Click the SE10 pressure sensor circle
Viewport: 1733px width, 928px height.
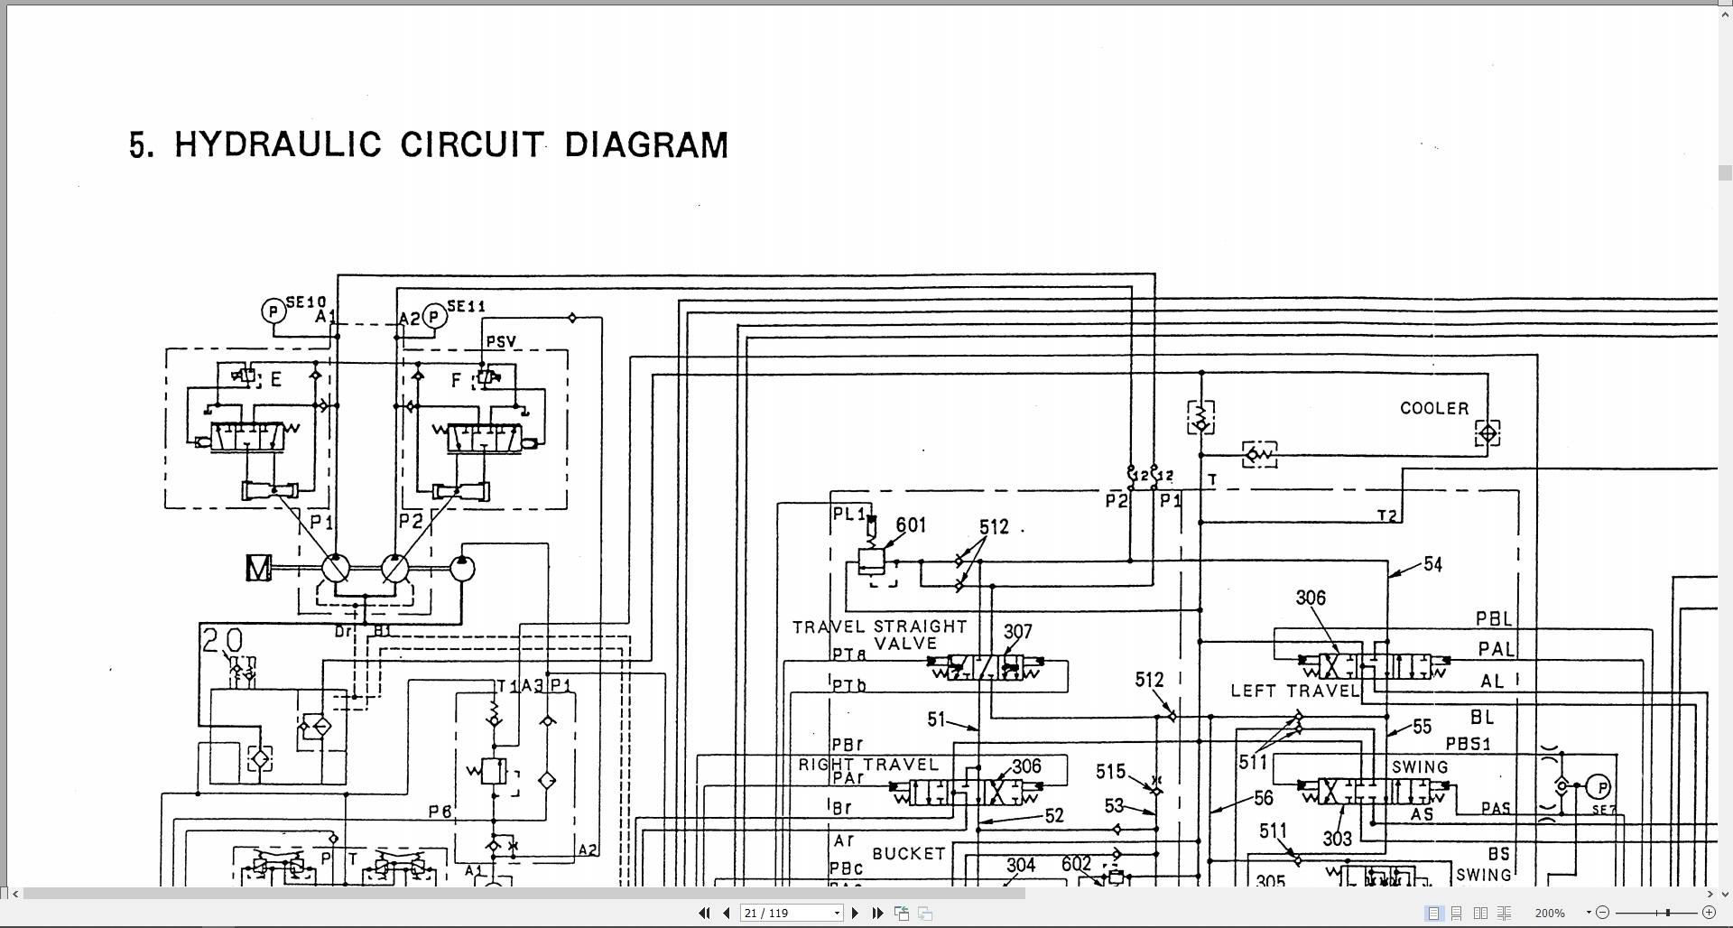tap(273, 311)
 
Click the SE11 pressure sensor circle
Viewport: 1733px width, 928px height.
tap(434, 317)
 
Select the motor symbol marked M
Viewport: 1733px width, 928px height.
tap(258, 568)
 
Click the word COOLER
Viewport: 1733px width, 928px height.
tap(1434, 408)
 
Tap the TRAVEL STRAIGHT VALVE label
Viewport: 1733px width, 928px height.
tap(879, 634)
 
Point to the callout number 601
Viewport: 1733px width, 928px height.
tap(911, 524)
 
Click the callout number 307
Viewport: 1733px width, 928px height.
tap(1017, 631)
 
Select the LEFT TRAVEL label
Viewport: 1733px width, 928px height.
tap(1294, 691)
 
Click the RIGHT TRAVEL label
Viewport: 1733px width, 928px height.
tap(867, 765)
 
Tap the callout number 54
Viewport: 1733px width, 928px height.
tap(1432, 564)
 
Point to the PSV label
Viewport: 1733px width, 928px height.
tap(501, 341)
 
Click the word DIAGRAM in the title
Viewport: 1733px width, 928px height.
tap(645, 145)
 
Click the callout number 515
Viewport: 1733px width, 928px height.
tap(1110, 771)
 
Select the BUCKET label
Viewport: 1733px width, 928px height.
tap(908, 853)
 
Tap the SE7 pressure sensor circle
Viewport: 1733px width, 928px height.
tap(1598, 787)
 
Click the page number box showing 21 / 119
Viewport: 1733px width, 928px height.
tap(790, 913)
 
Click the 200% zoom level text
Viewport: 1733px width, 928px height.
tap(1549, 913)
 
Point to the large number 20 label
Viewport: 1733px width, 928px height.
tap(222, 641)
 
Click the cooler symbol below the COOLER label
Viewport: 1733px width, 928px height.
tap(1487, 433)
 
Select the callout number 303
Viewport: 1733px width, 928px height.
tap(1337, 839)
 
